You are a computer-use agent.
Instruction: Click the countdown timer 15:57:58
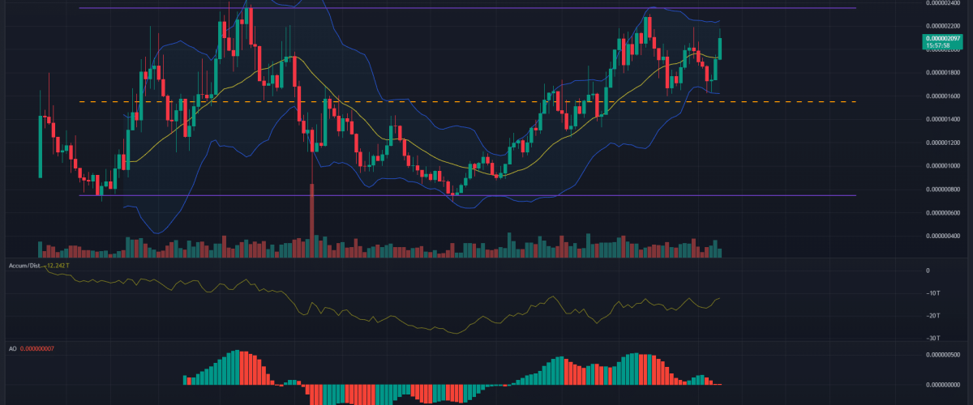pos(943,46)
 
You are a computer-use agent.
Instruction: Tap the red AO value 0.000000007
pos(48,348)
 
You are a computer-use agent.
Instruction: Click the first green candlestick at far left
pos(41,146)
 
